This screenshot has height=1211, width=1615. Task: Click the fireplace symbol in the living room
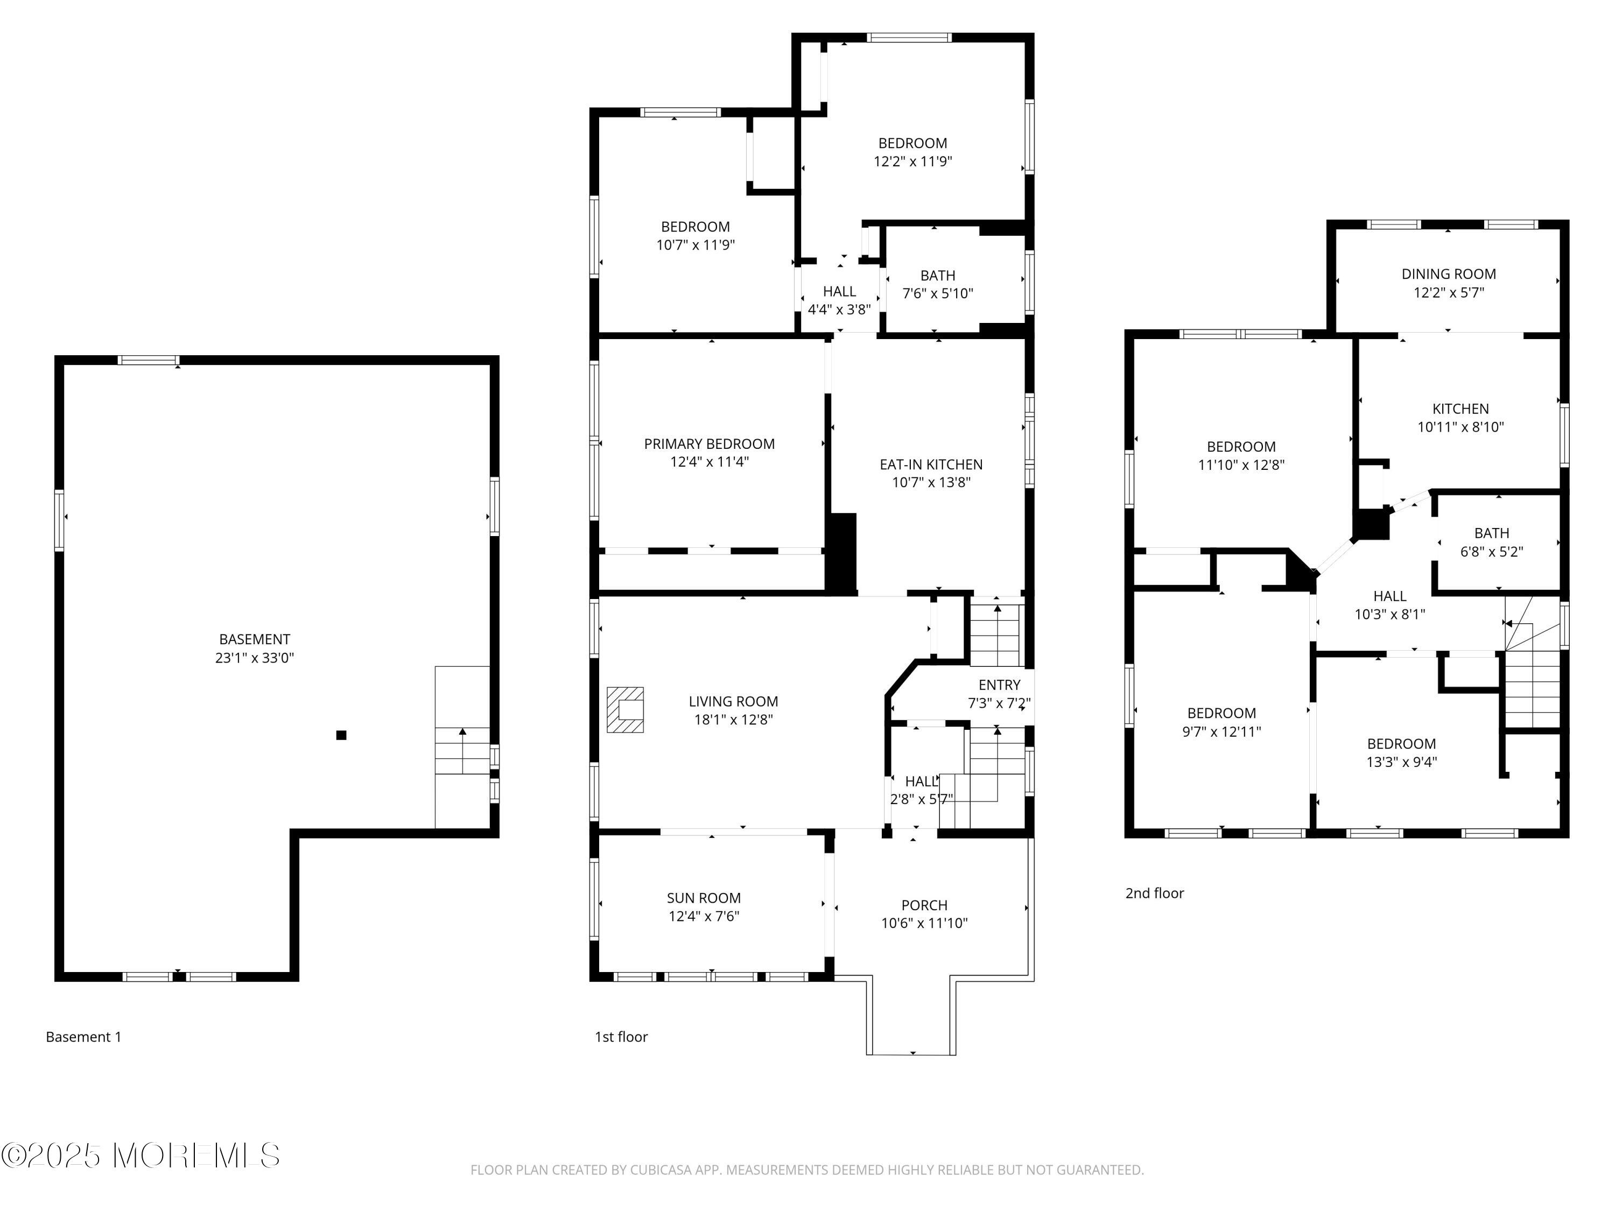click(x=626, y=709)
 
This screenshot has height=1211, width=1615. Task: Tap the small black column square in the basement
click(x=341, y=735)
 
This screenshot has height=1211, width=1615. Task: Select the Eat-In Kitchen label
click(x=931, y=464)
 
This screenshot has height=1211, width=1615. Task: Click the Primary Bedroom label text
click(x=710, y=444)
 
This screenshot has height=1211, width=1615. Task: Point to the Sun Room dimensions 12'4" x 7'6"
click(x=704, y=916)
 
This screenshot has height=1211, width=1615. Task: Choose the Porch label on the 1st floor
click(x=924, y=905)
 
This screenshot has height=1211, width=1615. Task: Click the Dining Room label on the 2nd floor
click(x=1449, y=274)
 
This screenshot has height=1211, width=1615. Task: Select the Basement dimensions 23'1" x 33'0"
click(x=254, y=658)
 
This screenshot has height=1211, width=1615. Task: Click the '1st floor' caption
click(x=621, y=1037)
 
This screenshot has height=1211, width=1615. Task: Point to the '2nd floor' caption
click(x=1154, y=893)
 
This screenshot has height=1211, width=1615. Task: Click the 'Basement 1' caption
click(x=84, y=1037)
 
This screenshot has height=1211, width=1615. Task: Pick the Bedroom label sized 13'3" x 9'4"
click(x=1402, y=752)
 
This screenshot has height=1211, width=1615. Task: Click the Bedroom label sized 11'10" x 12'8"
click(x=1241, y=455)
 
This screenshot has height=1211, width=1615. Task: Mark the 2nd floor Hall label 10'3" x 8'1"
click(x=1390, y=605)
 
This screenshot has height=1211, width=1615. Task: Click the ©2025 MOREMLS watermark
click(x=140, y=1156)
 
